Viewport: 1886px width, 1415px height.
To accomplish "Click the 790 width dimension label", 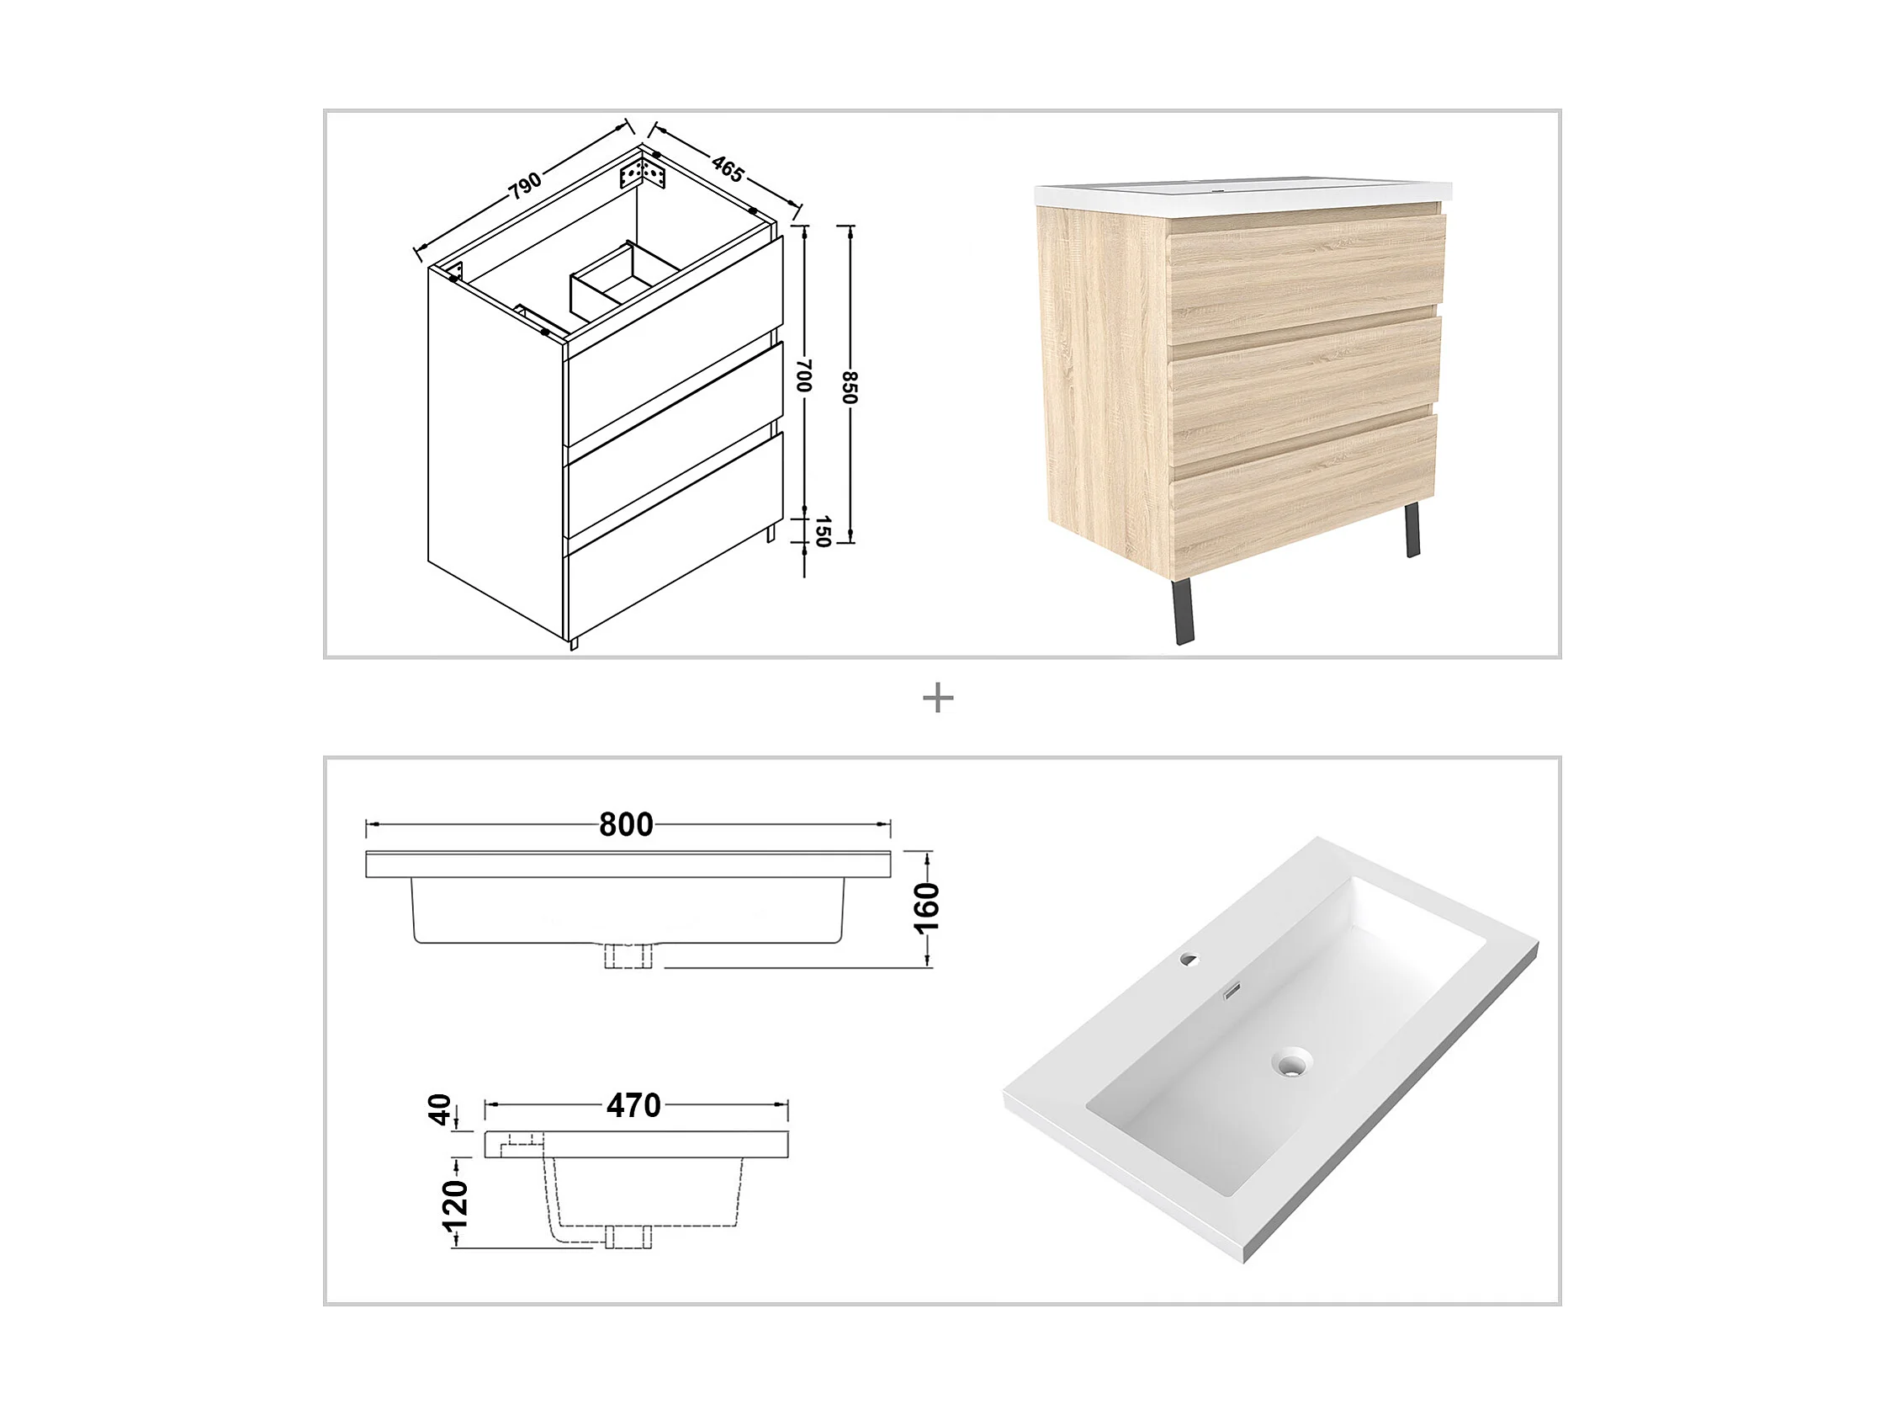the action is [526, 185].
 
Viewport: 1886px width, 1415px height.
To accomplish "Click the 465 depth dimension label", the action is [728, 169].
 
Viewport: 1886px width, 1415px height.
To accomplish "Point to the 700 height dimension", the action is [803, 375].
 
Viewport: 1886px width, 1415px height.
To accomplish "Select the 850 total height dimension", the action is [850, 387].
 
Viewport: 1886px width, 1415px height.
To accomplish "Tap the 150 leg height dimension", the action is [822, 531].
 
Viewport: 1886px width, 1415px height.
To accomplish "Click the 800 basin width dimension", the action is [627, 825].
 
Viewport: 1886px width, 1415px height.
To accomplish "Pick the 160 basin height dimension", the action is [927, 909].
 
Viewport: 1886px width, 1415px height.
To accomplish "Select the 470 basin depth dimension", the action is [633, 1106].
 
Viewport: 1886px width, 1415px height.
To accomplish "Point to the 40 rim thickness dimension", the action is [440, 1110].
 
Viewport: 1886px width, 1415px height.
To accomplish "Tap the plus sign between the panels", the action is [938, 700].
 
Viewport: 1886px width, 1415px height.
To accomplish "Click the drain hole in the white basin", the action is [1292, 1063].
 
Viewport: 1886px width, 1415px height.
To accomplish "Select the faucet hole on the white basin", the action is [1189, 960].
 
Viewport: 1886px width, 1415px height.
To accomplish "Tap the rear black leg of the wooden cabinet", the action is [1412, 529].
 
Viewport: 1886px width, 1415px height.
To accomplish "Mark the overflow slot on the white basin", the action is [1232, 992].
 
